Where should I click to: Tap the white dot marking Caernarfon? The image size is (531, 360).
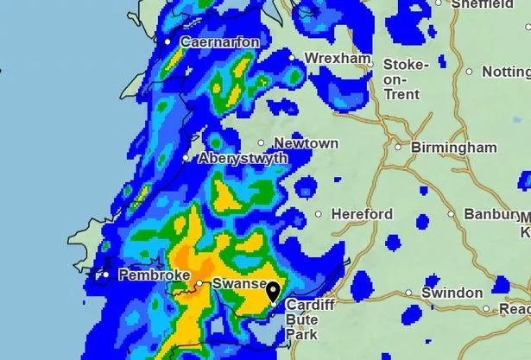[x=168, y=41]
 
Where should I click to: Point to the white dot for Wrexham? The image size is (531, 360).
[x=292, y=58]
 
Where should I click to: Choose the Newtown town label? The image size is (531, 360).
[x=306, y=143]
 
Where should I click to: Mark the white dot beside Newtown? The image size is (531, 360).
[x=262, y=143]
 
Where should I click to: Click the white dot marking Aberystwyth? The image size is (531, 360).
[x=186, y=158]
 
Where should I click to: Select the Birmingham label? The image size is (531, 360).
[x=453, y=148]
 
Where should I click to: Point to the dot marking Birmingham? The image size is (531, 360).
[x=398, y=147]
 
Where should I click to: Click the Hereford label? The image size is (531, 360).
[x=361, y=214]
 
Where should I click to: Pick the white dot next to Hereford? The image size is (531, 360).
[x=319, y=214]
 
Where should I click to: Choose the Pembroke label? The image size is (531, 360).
[x=154, y=275]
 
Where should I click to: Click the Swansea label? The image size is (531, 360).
[x=233, y=284]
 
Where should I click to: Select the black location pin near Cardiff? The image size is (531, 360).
[x=273, y=292]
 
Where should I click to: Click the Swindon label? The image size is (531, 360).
[x=452, y=293]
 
